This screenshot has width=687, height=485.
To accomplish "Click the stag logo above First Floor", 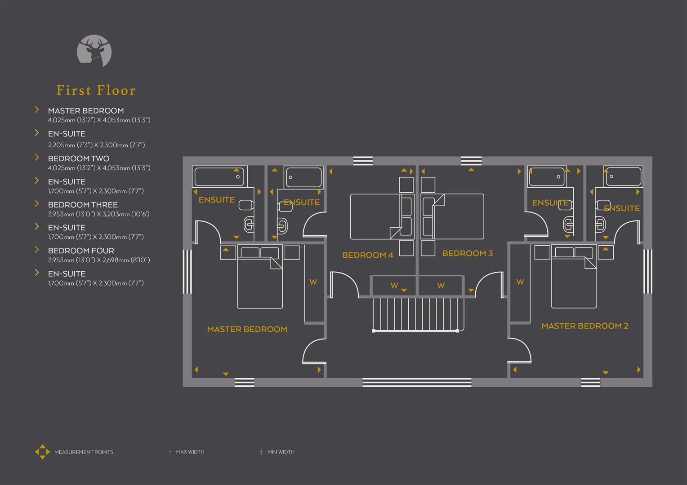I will (x=94, y=51).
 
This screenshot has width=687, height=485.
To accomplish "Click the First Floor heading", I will (x=96, y=90).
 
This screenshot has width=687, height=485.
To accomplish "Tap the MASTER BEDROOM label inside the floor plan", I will (x=247, y=329).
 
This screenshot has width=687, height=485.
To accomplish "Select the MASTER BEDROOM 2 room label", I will (x=584, y=326).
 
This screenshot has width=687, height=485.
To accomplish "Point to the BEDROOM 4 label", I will (x=367, y=255).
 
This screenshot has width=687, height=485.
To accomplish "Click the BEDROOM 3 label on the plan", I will (x=467, y=253).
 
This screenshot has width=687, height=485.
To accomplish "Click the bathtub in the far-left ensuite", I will (x=219, y=177).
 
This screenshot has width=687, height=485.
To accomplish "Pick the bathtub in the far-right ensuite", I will (x=623, y=176).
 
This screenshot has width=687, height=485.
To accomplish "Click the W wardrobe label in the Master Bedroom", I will (x=313, y=282).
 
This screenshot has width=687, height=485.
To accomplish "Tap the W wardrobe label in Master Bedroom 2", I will (x=520, y=282).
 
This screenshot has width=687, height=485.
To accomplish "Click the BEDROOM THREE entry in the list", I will (x=83, y=205).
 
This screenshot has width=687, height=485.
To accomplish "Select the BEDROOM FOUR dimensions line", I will (x=99, y=260).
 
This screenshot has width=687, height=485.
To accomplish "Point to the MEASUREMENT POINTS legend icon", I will (x=42, y=452).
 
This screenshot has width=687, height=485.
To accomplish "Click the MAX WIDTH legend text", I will (x=190, y=452).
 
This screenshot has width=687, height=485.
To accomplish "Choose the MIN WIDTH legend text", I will (x=281, y=452).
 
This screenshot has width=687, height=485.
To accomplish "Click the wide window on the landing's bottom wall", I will (x=417, y=382).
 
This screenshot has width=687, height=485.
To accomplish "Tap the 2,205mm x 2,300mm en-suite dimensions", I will (x=96, y=145).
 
